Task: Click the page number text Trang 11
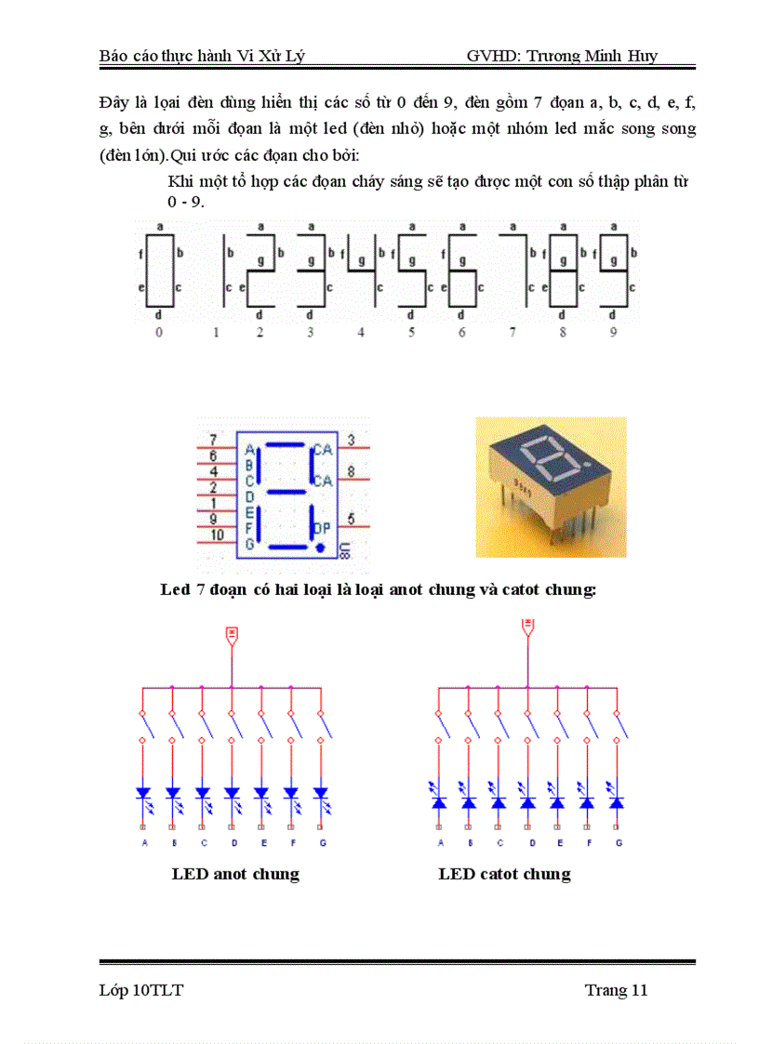[616, 990]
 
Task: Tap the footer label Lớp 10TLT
[141, 990]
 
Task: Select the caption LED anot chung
[235, 874]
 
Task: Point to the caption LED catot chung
[504, 874]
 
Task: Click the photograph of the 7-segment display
[551, 486]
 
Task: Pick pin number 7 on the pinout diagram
[213, 440]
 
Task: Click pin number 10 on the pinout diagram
[216, 535]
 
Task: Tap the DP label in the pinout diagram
[323, 527]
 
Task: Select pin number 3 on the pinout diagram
[351, 440]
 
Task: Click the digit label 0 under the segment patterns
[159, 332]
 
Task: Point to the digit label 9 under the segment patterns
[613, 332]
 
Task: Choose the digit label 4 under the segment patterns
[361, 332]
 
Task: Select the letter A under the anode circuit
[144, 843]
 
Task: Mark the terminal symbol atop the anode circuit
[232, 635]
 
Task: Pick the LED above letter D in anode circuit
[232, 794]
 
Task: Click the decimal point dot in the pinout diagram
[321, 548]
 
